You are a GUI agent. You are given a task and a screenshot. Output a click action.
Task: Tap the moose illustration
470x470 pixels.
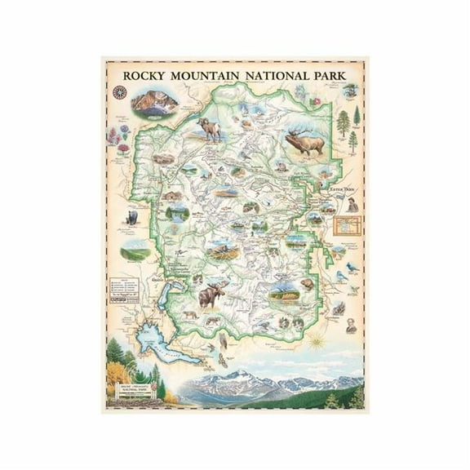tap(211, 294)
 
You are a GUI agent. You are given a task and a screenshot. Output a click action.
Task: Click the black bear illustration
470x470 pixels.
tap(131, 217)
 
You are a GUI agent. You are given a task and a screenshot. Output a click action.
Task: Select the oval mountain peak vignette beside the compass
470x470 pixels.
tap(155, 104)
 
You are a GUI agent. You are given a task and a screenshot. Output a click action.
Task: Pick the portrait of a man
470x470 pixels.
tap(350, 326)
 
